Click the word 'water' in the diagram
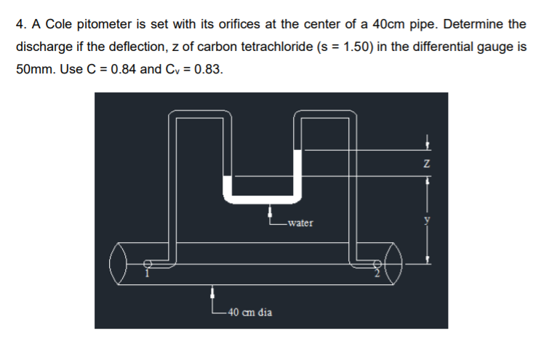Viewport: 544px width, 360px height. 300,223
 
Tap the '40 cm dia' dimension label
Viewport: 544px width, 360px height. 249,312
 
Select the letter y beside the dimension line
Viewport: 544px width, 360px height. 428,218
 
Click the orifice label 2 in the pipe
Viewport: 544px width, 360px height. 377,273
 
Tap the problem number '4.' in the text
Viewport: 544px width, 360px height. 20,24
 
